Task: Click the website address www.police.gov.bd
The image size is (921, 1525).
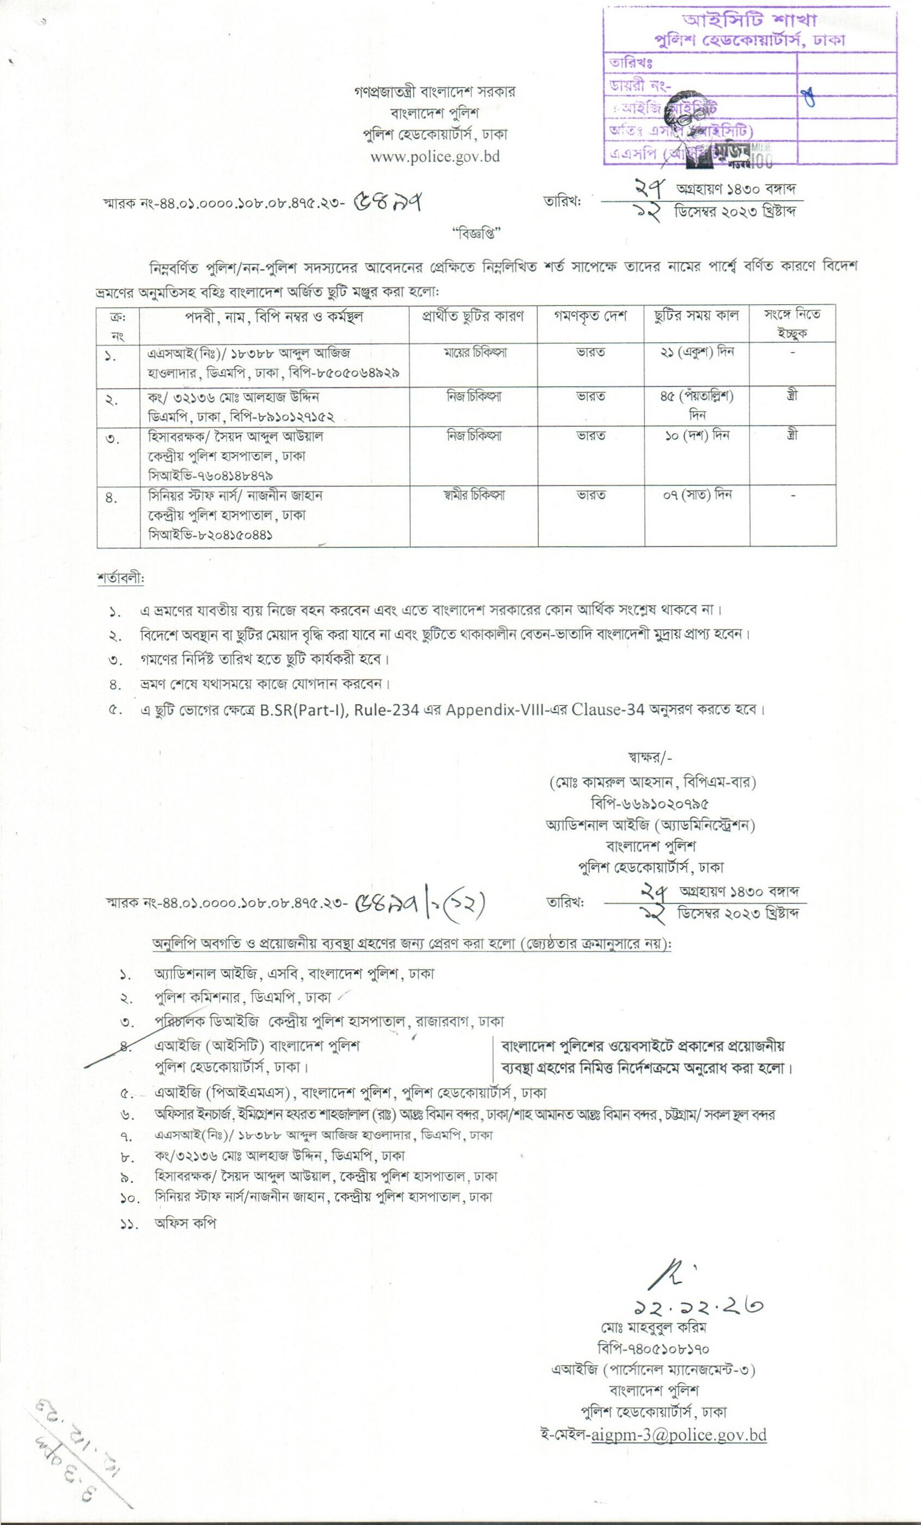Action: (x=435, y=157)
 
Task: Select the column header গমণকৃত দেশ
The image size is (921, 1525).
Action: (x=590, y=316)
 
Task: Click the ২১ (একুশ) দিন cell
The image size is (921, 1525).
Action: (x=697, y=352)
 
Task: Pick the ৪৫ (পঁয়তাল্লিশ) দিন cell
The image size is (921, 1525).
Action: (x=697, y=404)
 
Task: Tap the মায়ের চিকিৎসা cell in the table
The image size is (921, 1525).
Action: (x=473, y=352)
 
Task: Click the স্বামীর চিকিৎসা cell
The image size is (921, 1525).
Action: (x=473, y=495)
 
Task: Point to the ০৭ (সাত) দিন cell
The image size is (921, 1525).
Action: (x=697, y=495)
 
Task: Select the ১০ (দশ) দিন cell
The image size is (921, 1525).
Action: (x=697, y=436)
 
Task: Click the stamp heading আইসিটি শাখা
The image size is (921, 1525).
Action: (x=749, y=21)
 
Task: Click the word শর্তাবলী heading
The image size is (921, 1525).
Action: (x=120, y=579)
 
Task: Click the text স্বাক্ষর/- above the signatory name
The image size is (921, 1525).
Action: (x=650, y=758)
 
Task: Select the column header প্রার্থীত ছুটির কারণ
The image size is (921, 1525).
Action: (x=473, y=316)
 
